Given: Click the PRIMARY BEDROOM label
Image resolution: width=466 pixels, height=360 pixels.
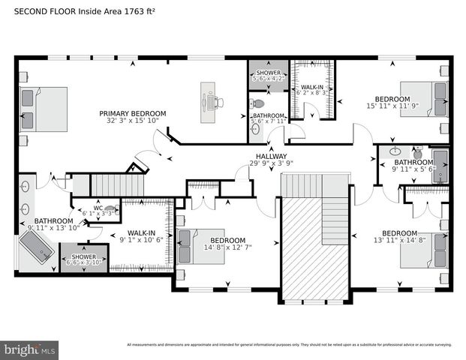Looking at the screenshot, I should tap(133, 113).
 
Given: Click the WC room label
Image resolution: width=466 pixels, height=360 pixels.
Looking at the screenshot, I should tap(98, 208).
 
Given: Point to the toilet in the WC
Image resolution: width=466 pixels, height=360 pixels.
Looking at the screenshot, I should tap(111, 209).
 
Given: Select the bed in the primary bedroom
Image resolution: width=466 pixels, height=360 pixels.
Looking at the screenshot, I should tap(43, 109).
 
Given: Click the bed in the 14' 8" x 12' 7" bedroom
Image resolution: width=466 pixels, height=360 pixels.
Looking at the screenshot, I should tap(201, 247).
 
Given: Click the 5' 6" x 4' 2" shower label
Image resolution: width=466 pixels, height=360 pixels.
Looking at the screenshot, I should tap(268, 73).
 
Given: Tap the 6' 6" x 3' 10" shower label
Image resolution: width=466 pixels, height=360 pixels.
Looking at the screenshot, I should tap(83, 257).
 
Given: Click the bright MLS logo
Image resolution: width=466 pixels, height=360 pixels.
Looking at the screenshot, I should tap(30, 349).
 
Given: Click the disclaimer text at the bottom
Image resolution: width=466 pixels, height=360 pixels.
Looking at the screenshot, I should tap(289, 345).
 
